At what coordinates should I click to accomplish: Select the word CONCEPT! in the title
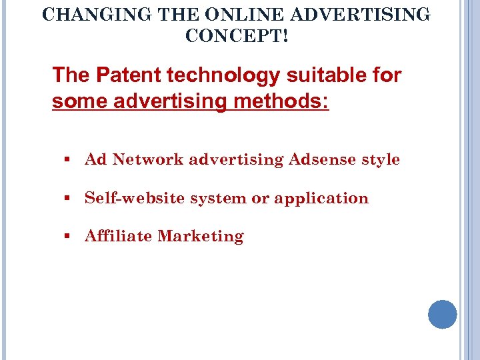coord(237,36)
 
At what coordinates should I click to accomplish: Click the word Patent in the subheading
coord(121,75)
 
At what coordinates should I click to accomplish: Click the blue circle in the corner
coord(443,314)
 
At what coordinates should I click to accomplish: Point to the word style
coord(381,160)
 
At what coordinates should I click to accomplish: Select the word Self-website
coord(135,199)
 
